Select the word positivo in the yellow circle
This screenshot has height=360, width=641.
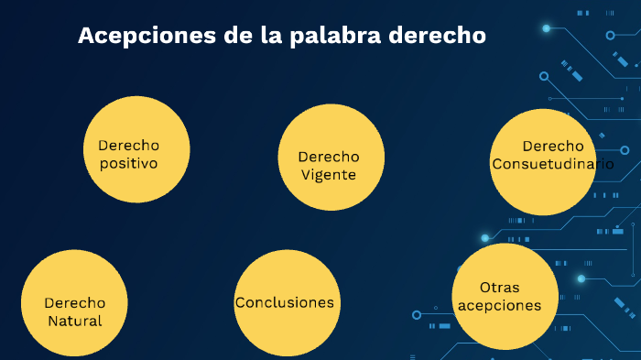(129, 164)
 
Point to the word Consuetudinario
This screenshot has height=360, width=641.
(552, 164)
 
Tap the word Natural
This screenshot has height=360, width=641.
(74, 322)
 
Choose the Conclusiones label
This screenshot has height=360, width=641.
(284, 302)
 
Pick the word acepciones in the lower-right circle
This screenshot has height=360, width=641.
(500, 306)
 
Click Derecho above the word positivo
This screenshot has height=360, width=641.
(129, 146)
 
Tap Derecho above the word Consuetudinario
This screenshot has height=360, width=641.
(552, 146)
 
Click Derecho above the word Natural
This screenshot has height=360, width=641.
(74, 303)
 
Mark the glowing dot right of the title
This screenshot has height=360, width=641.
(547, 29)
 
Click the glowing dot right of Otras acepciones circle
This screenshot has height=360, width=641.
(581, 278)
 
